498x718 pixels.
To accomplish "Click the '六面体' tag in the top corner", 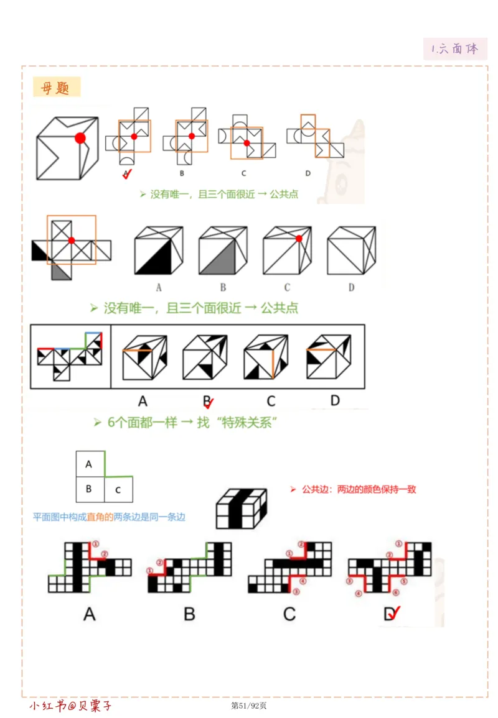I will point(455,48).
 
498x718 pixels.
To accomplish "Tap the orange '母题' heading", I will point(56,88).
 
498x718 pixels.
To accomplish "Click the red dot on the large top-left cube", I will point(80,138).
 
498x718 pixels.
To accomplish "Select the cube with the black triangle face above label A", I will point(159,251).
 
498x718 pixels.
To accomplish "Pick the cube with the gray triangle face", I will point(223,251).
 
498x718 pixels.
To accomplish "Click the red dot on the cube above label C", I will point(299,239).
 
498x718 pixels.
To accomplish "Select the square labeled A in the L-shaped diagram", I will point(89,464).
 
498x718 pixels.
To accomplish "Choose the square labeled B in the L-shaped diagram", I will point(89,489).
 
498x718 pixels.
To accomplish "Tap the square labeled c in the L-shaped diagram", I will point(118,489).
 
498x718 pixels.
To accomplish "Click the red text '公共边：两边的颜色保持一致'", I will point(359,489).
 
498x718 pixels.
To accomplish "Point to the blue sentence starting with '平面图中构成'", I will point(109,517).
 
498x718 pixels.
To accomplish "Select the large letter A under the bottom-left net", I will point(89,614).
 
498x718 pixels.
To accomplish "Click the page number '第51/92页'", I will point(248,706).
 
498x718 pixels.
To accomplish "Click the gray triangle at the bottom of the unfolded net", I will point(60,272).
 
